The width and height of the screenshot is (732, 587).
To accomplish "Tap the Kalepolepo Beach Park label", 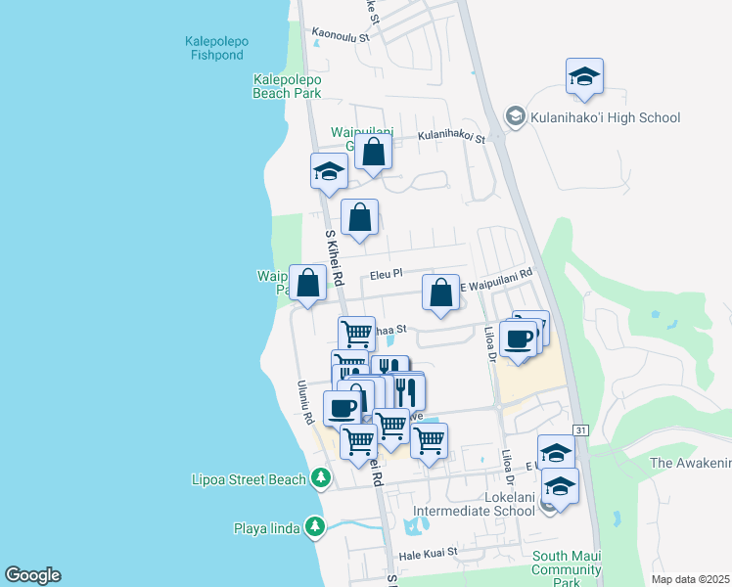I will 287,86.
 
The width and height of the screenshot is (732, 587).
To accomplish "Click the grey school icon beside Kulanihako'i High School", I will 515,117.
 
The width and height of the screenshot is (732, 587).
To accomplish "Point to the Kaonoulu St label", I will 339,33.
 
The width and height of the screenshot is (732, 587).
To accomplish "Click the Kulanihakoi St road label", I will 451,138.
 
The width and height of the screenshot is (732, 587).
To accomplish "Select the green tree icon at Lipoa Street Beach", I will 319,478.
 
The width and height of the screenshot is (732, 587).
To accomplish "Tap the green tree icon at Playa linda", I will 314,528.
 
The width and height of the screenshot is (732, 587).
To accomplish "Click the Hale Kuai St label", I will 429,554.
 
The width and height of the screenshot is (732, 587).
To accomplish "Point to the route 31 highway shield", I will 580,429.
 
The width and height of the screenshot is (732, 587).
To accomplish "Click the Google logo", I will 32,575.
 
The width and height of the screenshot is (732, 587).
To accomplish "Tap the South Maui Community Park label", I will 566,568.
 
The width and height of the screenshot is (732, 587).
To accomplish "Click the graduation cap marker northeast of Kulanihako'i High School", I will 584,78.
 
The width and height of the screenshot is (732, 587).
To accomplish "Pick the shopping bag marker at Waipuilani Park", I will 308,284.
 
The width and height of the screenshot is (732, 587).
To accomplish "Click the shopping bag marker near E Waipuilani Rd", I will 441,293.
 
